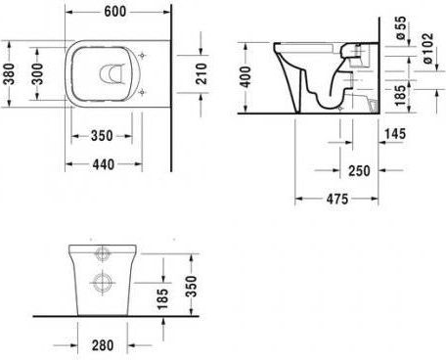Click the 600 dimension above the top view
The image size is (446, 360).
(115, 12)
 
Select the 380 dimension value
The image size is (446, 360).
(10, 74)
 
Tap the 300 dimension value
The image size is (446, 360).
(37, 74)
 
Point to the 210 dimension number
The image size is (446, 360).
(201, 74)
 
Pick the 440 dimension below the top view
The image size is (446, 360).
(104, 164)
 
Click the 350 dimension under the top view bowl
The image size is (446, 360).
(102, 136)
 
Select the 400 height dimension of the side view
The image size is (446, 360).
(245, 77)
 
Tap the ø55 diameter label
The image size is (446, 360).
(401, 27)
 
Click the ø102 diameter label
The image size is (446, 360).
(428, 48)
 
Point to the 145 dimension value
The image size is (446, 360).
(395, 134)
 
